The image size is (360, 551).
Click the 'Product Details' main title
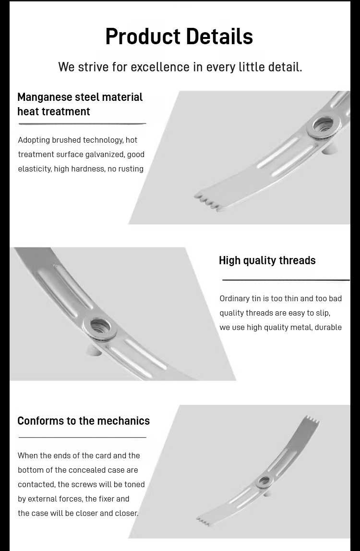pyautogui.click(x=179, y=37)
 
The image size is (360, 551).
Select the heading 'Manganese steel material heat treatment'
pyautogui.click(x=80, y=104)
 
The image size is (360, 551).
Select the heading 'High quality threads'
pyautogui.click(x=267, y=260)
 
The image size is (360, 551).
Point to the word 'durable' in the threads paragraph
pyautogui.click(x=328, y=327)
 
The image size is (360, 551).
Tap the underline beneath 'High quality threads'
pyautogui.click(x=286, y=280)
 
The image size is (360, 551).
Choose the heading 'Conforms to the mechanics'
pyautogui.click(x=84, y=421)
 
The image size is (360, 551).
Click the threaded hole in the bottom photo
pyautogui.click(x=264, y=481)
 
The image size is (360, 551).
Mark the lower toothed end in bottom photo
pyautogui.click(x=204, y=522)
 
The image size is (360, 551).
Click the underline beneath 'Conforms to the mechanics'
pyautogui.click(x=82, y=438)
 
